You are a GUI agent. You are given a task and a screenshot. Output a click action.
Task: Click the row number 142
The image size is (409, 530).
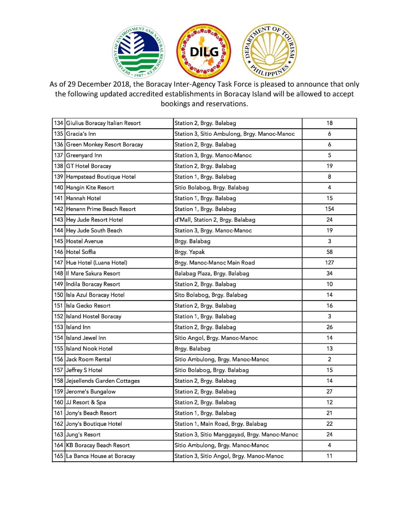[59, 209]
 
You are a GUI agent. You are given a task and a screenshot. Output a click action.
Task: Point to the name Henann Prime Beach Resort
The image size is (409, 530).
[101, 209]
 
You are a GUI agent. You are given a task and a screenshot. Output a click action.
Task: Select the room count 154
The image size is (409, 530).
[329, 209]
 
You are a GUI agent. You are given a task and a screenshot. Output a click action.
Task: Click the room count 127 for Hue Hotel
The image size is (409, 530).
[329, 263]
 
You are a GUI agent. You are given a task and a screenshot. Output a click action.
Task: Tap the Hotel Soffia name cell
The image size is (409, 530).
[81, 252]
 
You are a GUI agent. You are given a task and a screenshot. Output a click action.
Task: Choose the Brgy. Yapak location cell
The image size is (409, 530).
[190, 252]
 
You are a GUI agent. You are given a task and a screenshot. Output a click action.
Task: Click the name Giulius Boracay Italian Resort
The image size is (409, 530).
[103, 123]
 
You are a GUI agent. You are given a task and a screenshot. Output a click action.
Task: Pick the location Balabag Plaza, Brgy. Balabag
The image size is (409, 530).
[212, 274]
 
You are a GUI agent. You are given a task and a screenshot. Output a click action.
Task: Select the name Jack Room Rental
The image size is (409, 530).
[89, 359]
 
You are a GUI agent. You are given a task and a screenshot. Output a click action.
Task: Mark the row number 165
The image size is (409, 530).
[59, 456]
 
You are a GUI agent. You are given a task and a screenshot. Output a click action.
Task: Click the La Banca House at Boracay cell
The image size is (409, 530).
[100, 456]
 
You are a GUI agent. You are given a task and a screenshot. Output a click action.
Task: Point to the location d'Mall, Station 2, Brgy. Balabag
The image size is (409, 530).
[215, 220]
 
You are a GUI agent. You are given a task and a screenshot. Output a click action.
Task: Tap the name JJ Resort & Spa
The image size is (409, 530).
[86, 402]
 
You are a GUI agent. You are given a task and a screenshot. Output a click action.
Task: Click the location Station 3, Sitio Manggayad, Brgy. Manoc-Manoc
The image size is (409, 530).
[236, 435]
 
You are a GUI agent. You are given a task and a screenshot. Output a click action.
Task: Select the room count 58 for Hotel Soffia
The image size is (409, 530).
[329, 252]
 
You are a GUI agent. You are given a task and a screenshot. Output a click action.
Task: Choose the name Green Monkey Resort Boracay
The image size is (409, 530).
[104, 145]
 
